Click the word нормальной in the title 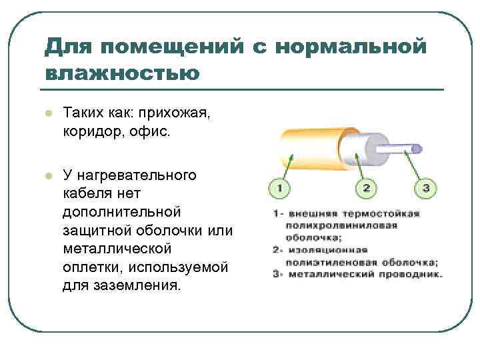pyautogui.click(x=349, y=47)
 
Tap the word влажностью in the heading pyautogui.click(x=122, y=72)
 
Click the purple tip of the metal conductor pyautogui.click(x=416, y=147)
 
